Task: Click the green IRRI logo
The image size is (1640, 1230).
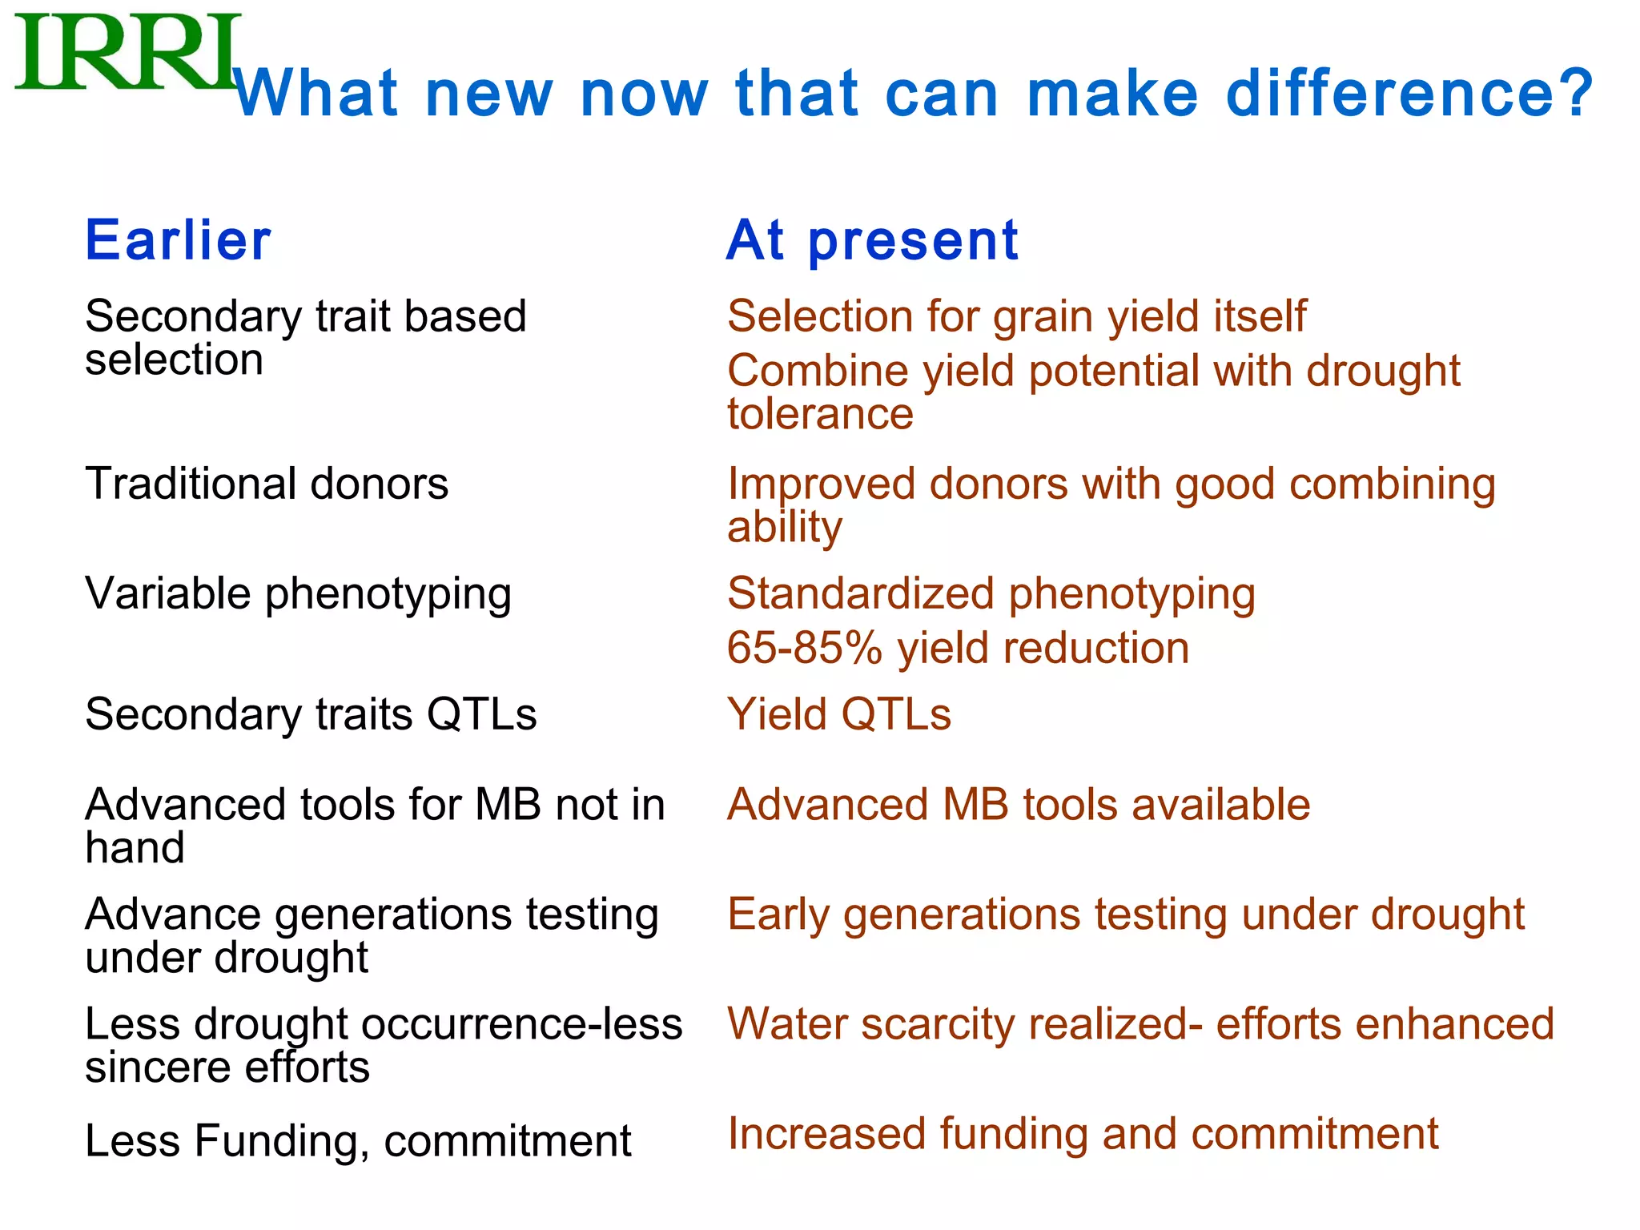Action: (x=127, y=52)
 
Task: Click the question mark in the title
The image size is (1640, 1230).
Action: (x=1574, y=93)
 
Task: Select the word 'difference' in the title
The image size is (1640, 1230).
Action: (x=1392, y=93)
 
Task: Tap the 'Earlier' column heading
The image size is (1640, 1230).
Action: (x=178, y=240)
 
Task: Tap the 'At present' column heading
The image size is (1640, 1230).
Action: (x=872, y=240)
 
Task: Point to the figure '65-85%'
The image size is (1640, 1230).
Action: (x=803, y=648)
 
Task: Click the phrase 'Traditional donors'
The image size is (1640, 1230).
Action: (x=267, y=484)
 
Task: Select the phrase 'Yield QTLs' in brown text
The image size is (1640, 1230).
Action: (x=838, y=714)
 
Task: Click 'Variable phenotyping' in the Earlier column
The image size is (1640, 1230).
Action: (x=298, y=594)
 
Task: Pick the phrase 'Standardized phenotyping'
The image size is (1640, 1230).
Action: (x=991, y=594)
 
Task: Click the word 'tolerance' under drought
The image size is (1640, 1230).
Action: (x=820, y=414)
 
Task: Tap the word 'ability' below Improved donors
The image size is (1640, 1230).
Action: (x=784, y=527)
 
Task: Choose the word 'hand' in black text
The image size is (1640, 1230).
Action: (x=135, y=847)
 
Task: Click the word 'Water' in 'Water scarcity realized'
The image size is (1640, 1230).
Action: (x=787, y=1024)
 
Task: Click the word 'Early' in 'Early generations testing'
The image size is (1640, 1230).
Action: (x=778, y=914)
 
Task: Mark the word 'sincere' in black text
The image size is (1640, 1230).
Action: (x=158, y=1067)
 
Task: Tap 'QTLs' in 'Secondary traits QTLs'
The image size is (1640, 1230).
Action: (x=481, y=714)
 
